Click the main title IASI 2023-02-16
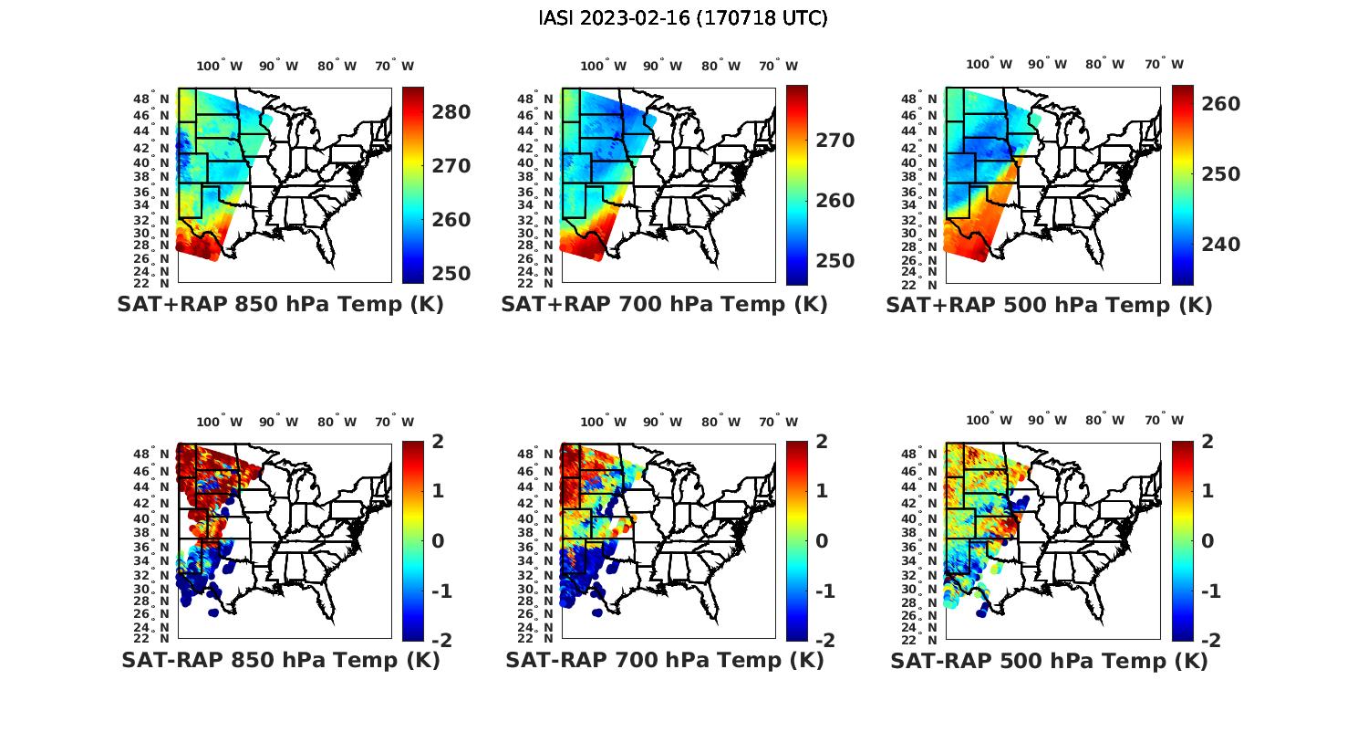(x=683, y=18)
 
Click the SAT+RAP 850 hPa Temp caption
(x=280, y=305)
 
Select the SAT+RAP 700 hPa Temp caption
(x=664, y=305)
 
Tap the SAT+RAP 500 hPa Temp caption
(x=1049, y=306)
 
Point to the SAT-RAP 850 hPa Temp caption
(x=280, y=660)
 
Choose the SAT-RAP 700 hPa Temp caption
(x=664, y=660)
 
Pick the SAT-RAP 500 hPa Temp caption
(x=1049, y=661)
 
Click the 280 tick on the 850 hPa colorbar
(x=451, y=112)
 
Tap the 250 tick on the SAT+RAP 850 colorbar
(x=451, y=274)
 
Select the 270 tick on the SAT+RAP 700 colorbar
(x=835, y=141)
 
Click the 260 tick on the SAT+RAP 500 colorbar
(x=1221, y=104)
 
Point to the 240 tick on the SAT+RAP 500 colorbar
(x=1221, y=245)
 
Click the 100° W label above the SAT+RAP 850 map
(x=220, y=66)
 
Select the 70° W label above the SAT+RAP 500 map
(x=1164, y=65)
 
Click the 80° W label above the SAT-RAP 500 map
(x=1104, y=421)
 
